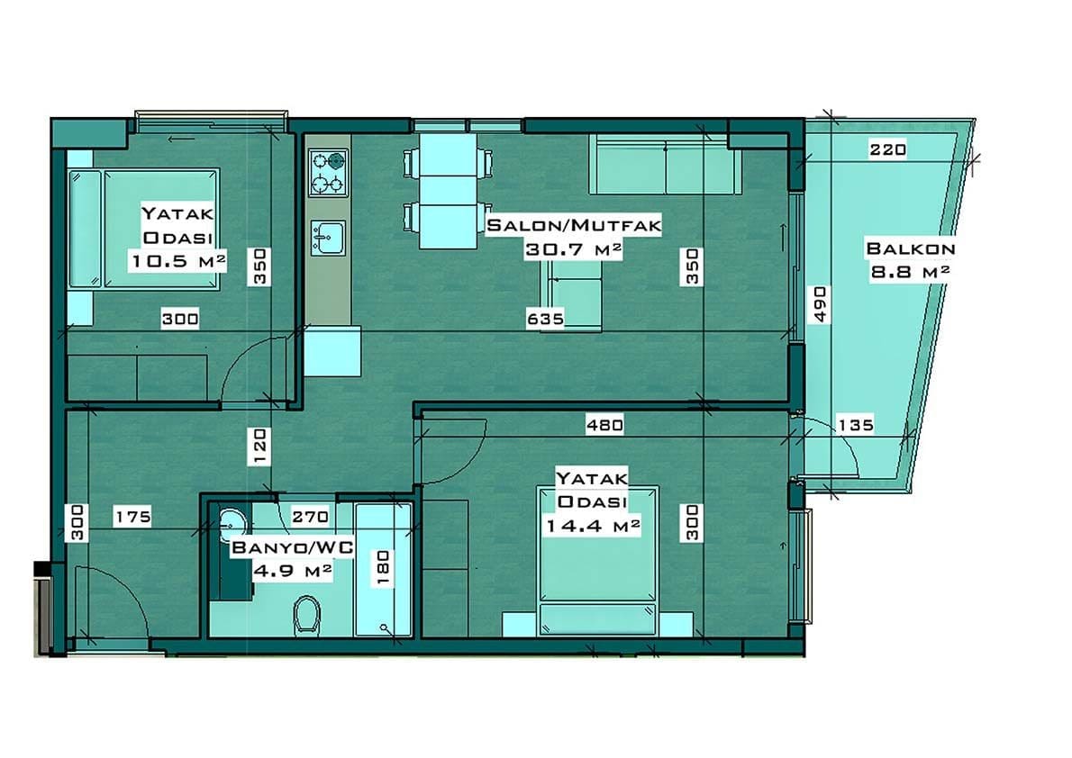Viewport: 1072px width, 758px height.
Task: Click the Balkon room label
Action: coord(910,248)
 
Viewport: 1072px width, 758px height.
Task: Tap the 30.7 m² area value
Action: coord(573,250)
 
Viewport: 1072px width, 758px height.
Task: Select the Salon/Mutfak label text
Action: coord(574,225)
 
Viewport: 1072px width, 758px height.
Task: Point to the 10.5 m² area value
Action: coord(177,261)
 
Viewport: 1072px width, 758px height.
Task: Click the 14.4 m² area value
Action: coord(593,527)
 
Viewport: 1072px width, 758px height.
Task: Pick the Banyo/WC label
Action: coord(293,547)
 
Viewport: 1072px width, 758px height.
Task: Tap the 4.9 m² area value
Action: coord(293,571)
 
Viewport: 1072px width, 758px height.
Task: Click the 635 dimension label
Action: coord(546,319)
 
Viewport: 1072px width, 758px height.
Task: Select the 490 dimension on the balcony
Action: coord(821,304)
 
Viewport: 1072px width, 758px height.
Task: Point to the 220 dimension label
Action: coord(887,149)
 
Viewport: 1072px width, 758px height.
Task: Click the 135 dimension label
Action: coord(855,425)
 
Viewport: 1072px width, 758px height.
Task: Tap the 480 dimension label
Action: coord(604,425)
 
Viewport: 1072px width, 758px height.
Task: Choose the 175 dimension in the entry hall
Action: coord(132,517)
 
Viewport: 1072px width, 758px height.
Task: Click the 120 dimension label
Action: coord(259,447)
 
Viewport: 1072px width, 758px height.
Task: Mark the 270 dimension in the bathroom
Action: coord(311,517)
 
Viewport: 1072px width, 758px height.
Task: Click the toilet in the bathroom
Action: coord(307,615)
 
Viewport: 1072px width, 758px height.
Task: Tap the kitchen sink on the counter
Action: coord(328,237)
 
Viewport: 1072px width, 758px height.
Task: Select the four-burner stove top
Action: coord(328,172)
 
